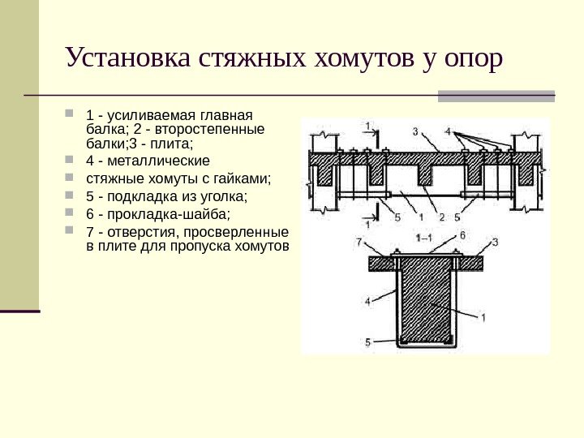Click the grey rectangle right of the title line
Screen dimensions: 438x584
click(496, 96)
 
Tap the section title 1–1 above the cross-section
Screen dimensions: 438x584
click(423, 238)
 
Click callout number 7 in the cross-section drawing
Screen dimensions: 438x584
click(358, 241)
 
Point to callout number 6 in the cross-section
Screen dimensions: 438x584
click(462, 234)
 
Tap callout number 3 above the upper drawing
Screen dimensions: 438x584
click(414, 131)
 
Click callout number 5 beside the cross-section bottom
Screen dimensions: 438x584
click(367, 342)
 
